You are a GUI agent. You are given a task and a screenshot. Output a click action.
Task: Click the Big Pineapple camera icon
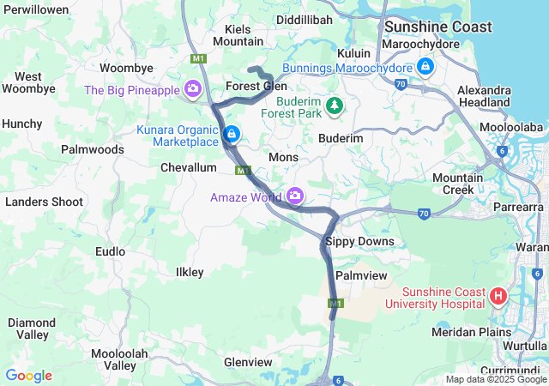[x=193, y=89]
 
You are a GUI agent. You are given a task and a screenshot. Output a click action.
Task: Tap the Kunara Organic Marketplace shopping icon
[x=231, y=135]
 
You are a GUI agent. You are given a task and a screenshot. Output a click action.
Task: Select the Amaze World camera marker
[x=296, y=196]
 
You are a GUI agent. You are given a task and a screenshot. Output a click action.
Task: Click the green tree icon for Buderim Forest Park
[x=334, y=105]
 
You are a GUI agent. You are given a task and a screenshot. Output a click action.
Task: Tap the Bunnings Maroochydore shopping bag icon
[x=425, y=66]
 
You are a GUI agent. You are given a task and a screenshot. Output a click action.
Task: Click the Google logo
[x=28, y=376]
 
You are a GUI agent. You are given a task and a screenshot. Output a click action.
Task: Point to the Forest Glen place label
[x=256, y=87]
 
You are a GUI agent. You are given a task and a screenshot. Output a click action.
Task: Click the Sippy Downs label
[x=360, y=242]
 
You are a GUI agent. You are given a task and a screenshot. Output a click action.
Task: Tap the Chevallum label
[x=189, y=168]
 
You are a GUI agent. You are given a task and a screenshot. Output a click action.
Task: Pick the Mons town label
[x=283, y=158]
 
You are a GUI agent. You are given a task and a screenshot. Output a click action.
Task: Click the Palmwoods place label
[x=93, y=149]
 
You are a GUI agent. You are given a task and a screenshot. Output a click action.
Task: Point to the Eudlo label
[x=111, y=252]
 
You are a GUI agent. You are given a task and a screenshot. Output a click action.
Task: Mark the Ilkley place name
[x=190, y=272]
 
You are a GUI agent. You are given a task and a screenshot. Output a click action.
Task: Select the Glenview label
[x=248, y=363]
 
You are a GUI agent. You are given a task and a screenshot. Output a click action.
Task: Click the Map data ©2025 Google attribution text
[x=496, y=379]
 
